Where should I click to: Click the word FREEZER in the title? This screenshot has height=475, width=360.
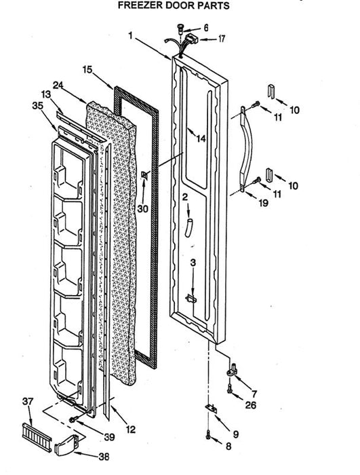tap(138, 5)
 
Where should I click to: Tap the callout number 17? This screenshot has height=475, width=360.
tap(222, 39)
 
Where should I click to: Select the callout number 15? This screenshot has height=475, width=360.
tap(87, 70)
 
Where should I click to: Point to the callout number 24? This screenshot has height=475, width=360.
tap(58, 85)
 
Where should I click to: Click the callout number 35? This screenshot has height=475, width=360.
tap(37, 105)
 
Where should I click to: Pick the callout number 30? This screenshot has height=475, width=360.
tap(142, 208)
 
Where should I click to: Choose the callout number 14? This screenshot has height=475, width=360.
tap(201, 138)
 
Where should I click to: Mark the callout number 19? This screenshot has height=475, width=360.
tap(264, 203)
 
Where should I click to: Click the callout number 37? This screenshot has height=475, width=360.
tap(28, 402)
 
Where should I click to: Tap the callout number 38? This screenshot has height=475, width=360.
tap(104, 457)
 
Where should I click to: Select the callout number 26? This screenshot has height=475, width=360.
tap(251, 404)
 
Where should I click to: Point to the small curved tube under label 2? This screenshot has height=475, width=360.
tap(188, 229)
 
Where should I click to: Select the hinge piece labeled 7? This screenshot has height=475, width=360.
tap(233, 370)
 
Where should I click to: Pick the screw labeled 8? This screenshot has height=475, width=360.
tap(207, 435)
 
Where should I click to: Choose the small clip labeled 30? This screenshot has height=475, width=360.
tap(144, 175)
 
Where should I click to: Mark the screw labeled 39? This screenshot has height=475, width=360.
tap(73, 419)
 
